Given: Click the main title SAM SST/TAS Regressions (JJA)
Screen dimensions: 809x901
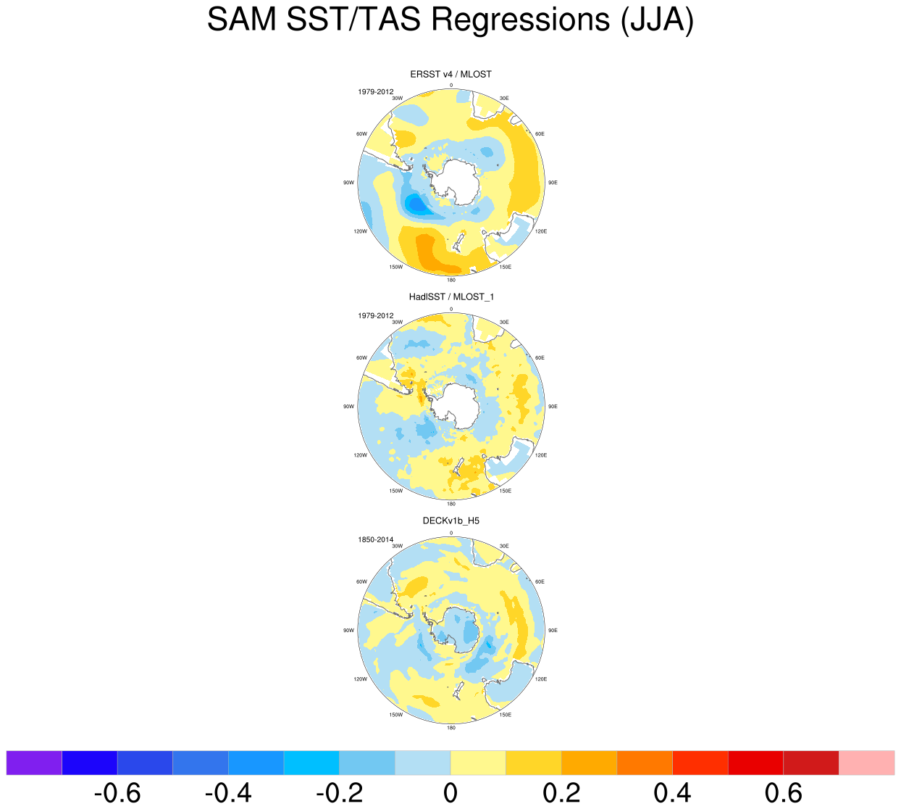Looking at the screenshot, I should [450, 20].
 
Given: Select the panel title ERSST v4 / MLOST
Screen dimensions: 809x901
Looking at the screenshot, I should [450, 74].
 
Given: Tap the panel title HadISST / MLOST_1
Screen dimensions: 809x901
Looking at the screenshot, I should [450, 296].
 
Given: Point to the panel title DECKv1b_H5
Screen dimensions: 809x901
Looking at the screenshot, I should [450, 520].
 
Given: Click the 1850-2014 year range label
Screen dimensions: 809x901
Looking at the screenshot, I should [375, 539].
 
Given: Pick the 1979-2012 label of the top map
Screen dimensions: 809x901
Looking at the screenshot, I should [375, 92].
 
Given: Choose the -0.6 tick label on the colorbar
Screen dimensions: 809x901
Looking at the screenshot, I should [117, 793].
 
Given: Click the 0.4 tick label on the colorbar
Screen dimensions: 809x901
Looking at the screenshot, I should [672, 793].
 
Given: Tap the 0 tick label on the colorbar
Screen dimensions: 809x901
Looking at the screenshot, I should [450, 793].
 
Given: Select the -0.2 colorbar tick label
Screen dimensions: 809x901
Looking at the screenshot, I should [339, 793].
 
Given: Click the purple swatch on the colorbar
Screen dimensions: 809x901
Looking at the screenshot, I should [34, 763].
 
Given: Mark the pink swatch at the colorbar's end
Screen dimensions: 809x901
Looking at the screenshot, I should [866, 763].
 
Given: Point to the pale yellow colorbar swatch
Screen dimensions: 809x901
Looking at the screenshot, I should [478, 763].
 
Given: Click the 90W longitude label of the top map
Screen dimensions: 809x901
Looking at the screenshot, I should [348, 183].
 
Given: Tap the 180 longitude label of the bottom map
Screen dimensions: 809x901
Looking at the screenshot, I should [451, 727].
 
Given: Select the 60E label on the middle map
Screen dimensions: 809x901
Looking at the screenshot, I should [540, 358].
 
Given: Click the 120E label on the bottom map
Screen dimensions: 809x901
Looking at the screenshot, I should [540, 679].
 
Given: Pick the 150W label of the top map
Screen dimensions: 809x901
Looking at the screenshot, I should [395, 267].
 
